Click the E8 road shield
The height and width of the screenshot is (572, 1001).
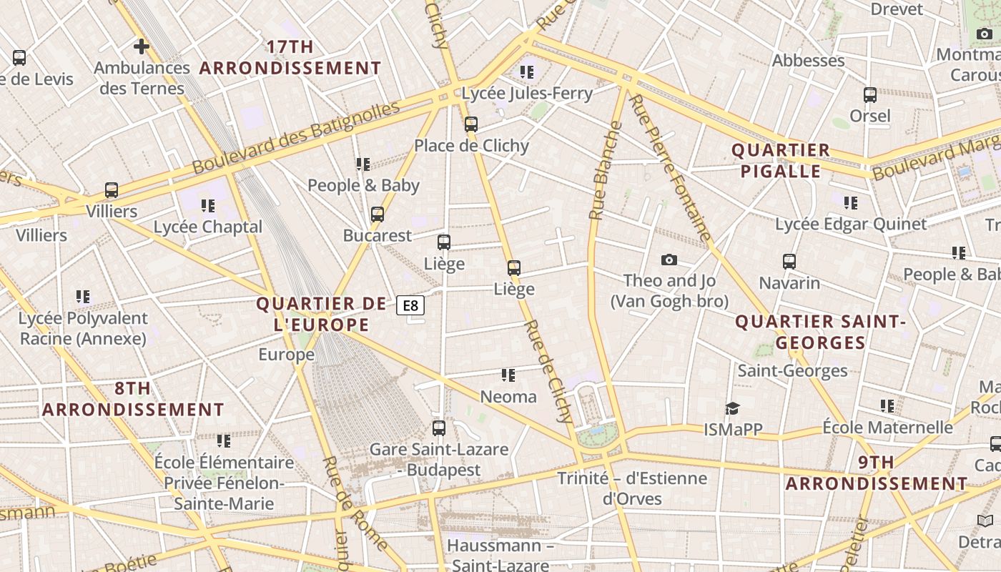pyautogui.click(x=410, y=306)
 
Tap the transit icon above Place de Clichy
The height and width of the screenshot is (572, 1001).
pyautogui.click(x=470, y=124)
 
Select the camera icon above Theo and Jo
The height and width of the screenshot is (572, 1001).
pyautogui.click(x=669, y=260)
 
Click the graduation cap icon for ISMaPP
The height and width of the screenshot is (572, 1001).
pyautogui.click(x=732, y=408)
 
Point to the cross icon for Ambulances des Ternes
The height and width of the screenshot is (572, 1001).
pyautogui.click(x=141, y=46)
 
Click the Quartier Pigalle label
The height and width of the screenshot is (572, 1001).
pyautogui.click(x=780, y=161)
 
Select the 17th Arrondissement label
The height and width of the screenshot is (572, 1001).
pyautogui.click(x=290, y=58)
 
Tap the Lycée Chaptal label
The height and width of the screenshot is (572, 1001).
pyautogui.click(x=208, y=227)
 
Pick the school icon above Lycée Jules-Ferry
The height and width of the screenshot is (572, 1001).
pyautogui.click(x=527, y=71)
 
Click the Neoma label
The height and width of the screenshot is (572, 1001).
pyautogui.click(x=508, y=397)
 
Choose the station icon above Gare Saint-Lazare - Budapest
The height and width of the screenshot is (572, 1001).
pyautogui.click(x=439, y=428)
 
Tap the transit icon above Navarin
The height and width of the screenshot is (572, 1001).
pyautogui.click(x=789, y=262)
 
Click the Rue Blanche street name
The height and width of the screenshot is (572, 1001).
pyautogui.click(x=603, y=171)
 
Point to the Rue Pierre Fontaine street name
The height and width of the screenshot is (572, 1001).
pyautogui.click(x=670, y=169)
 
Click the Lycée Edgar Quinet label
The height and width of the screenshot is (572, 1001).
pyautogui.click(x=850, y=225)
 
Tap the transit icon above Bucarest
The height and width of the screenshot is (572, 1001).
pyautogui.click(x=377, y=214)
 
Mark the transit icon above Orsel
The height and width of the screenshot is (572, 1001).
pyautogui.click(x=869, y=95)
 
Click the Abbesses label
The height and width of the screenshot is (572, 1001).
pyautogui.click(x=808, y=61)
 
